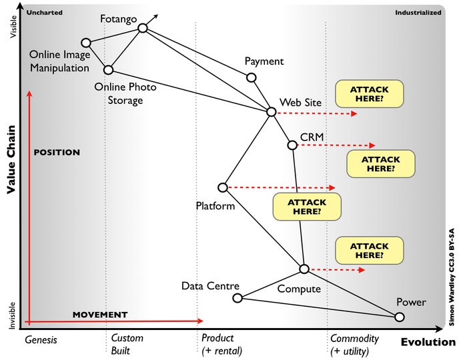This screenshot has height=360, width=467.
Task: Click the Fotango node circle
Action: point(142,28)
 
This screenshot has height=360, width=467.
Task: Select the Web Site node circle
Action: point(271,111)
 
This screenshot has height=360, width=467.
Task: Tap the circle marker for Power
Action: point(399,317)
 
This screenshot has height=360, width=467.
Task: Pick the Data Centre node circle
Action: point(237,297)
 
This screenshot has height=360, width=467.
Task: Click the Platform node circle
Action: point(223,187)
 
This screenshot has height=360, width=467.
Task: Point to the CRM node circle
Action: point(292,145)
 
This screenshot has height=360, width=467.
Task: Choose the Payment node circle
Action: point(252,77)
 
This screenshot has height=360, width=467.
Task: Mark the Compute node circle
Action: point(304,269)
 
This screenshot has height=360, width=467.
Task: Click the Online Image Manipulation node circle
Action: point(85,42)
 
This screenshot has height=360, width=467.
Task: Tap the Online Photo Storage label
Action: point(119,93)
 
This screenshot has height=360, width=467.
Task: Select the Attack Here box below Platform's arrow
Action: point(308,207)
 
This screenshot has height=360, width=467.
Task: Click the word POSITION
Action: point(56,152)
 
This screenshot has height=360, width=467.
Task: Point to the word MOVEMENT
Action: point(99,314)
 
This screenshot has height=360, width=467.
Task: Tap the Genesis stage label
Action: point(41,339)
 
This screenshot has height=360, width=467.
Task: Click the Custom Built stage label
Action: point(127,344)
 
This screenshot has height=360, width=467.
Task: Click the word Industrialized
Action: point(418,12)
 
